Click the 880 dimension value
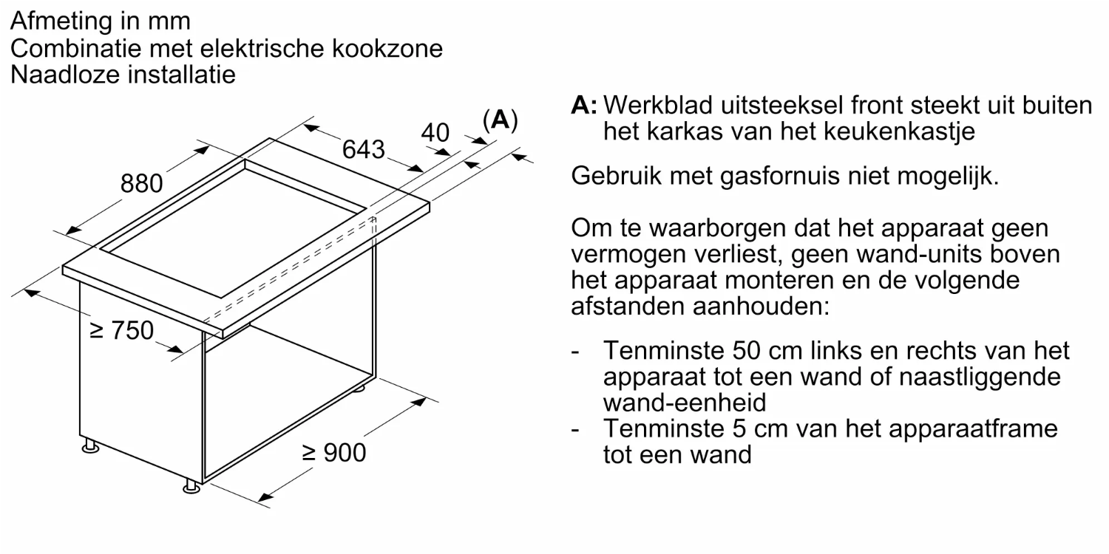click(x=142, y=184)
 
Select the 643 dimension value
click(x=364, y=150)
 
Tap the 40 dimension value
click(x=435, y=133)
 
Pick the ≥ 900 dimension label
click(x=333, y=453)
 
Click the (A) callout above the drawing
click(x=499, y=120)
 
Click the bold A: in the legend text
click(x=584, y=106)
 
